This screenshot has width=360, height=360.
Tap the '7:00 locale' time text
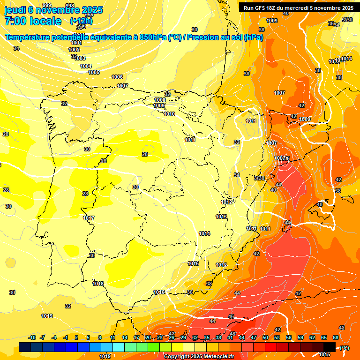33,21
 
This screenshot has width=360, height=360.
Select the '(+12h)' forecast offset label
81,21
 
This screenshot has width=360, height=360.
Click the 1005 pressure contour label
94,72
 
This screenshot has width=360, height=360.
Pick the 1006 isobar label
117,77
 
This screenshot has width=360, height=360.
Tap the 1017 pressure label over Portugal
89,218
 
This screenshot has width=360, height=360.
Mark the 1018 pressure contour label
98,284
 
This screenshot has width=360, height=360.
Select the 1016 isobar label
159,292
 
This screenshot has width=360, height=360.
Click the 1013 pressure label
221,217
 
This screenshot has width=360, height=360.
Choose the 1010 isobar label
169,114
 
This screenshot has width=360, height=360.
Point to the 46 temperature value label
231,317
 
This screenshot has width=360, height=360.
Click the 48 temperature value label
232,334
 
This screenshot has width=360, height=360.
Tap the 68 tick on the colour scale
336,337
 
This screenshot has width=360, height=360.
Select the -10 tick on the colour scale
32,337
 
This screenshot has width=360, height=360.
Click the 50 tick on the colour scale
265,337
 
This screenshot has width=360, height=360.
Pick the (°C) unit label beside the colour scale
345,348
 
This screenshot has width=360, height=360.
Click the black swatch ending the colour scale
330,347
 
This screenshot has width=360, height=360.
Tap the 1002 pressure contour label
74,50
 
